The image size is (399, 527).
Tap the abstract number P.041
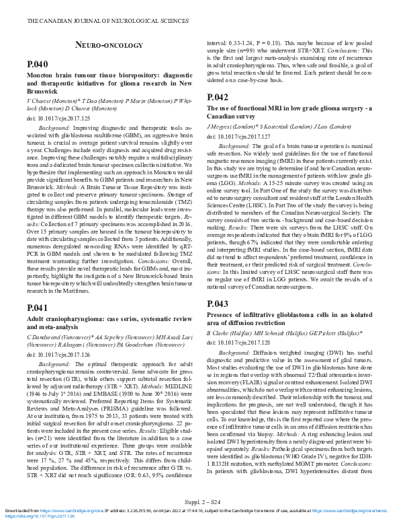coord(38,307)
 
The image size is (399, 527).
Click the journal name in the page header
coord(107,22)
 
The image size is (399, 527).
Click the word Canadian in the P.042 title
coord(221,116)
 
